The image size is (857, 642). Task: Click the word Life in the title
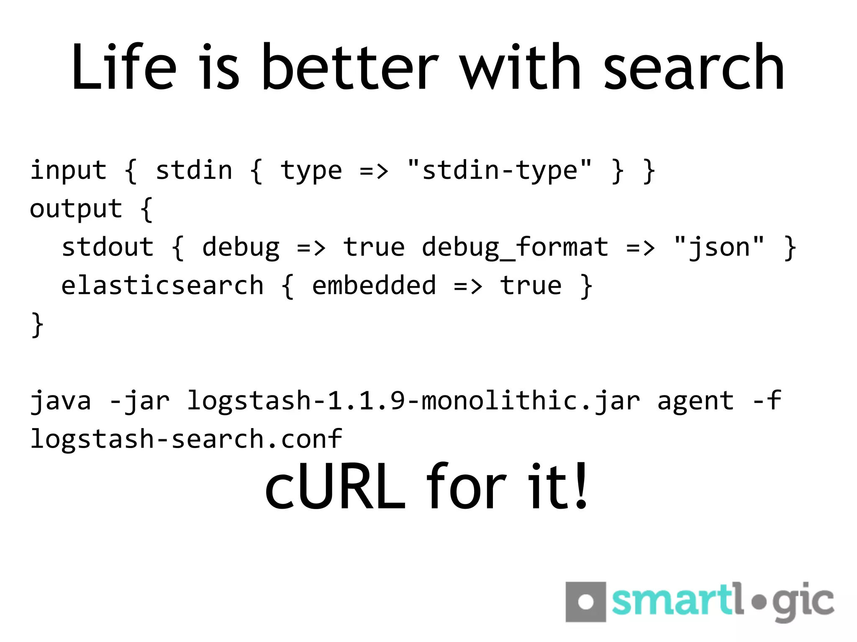(x=124, y=67)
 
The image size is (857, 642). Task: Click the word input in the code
(x=69, y=171)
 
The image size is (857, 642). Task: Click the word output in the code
(x=76, y=209)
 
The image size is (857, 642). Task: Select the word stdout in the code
(x=108, y=247)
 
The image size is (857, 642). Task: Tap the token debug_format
(x=515, y=248)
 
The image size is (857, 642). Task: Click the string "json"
(x=719, y=247)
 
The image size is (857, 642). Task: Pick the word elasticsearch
(x=162, y=285)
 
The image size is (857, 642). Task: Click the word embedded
(x=374, y=285)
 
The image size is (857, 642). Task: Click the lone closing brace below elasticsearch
(x=37, y=325)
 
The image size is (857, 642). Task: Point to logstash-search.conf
(x=186, y=439)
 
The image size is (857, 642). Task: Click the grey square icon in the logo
(x=585, y=602)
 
